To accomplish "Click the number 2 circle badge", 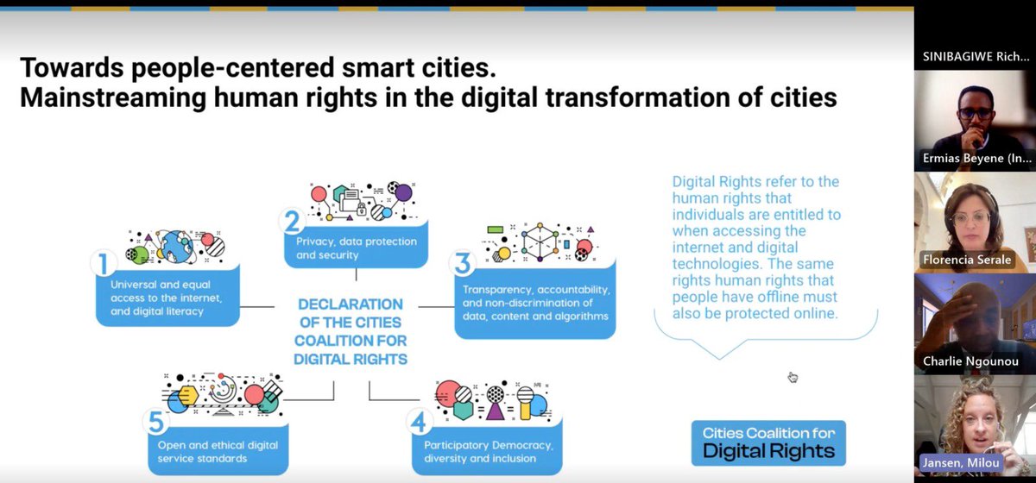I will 292,223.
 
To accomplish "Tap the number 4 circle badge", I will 419,422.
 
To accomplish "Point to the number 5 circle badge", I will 156,422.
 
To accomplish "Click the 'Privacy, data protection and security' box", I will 356,248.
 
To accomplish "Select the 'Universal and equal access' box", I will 167,297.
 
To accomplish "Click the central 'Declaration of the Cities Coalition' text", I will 350,331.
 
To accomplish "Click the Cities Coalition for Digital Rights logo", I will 768,442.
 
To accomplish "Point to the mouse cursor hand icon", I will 793,377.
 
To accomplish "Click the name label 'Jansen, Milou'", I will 961,461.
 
